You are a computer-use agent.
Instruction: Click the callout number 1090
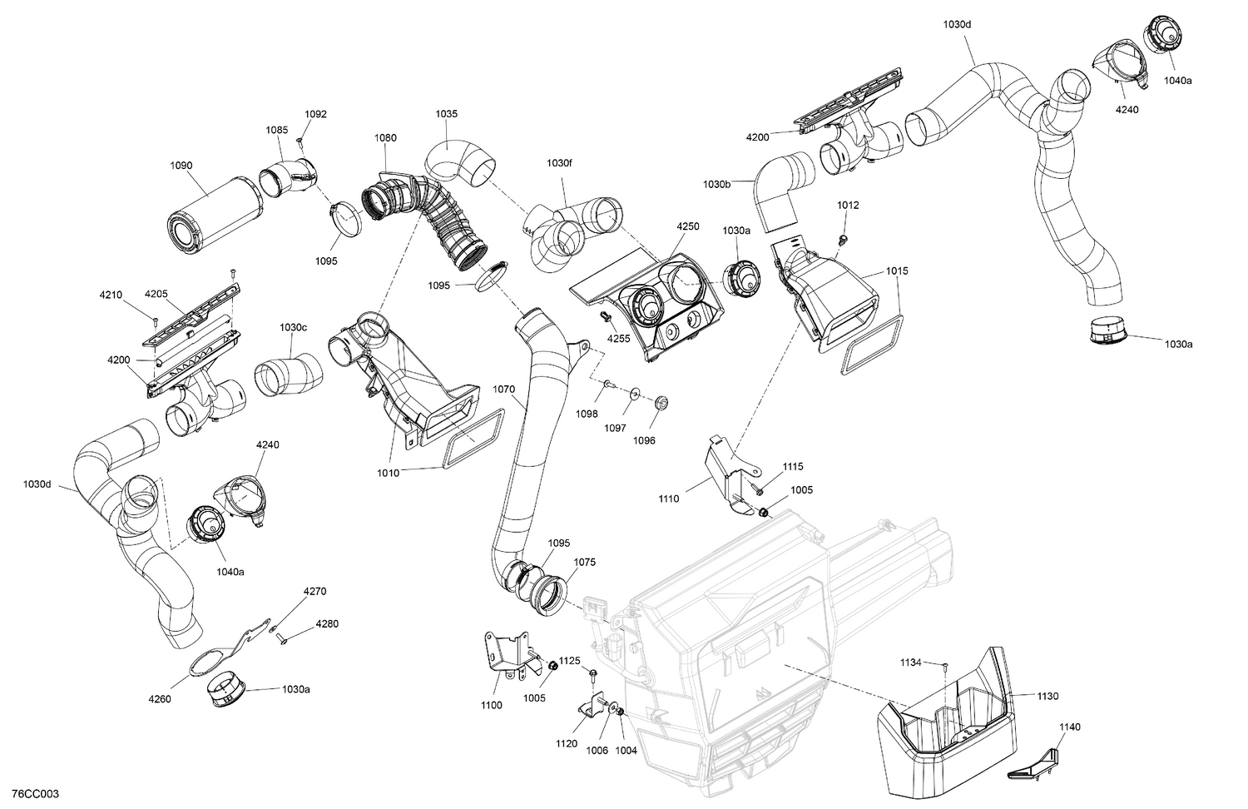click(x=181, y=166)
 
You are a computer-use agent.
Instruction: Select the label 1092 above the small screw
click(x=315, y=114)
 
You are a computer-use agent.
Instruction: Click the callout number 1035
click(x=447, y=114)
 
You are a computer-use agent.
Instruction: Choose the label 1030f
click(x=559, y=163)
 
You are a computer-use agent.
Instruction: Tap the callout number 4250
click(x=687, y=226)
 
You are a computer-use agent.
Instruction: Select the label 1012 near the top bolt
click(x=848, y=206)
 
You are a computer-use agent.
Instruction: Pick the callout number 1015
click(x=897, y=271)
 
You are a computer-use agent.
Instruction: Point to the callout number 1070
click(x=504, y=389)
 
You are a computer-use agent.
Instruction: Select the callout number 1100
click(x=491, y=705)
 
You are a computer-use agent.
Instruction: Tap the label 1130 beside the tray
click(x=1047, y=695)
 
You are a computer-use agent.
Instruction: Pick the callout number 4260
click(x=159, y=699)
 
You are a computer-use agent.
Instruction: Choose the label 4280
click(x=326, y=623)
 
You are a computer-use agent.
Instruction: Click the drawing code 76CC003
click(x=30, y=795)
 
